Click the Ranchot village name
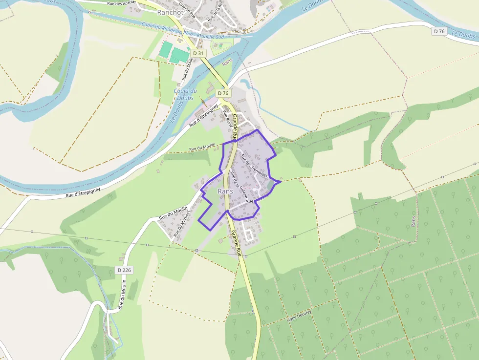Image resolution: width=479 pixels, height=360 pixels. pyautogui.click(x=170, y=12)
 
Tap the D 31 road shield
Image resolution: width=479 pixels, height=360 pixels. pyautogui.click(x=197, y=53)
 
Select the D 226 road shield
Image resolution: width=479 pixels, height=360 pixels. pyautogui.click(x=125, y=270)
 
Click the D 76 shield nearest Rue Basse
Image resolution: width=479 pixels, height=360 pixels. pyautogui.click(x=223, y=93)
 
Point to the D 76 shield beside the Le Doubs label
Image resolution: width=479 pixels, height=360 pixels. pyautogui.click(x=439, y=31)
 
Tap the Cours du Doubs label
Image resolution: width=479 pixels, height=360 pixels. pyautogui.click(x=185, y=94)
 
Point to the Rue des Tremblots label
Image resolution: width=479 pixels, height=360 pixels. pyautogui.click(x=254, y=166)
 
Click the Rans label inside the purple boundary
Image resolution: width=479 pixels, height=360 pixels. pyautogui.click(x=225, y=191)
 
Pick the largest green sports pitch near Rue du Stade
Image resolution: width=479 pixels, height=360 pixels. pyautogui.click(x=179, y=55)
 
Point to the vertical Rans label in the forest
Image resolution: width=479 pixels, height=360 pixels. pyautogui.click(x=414, y=220)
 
